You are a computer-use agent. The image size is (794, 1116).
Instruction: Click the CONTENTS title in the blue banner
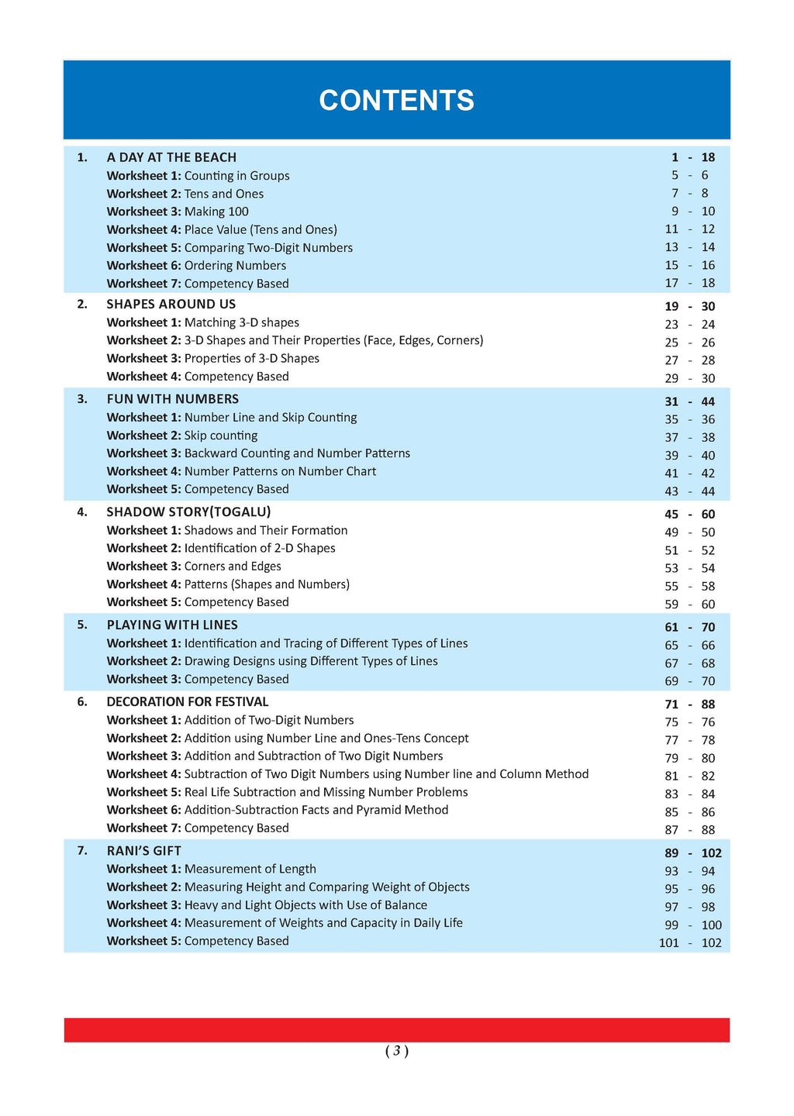click(396, 101)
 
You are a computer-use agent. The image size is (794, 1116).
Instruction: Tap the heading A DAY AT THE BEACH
click(171, 157)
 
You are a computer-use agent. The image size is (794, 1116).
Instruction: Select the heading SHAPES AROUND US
click(171, 304)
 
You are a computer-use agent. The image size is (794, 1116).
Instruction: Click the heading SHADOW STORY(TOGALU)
click(188, 511)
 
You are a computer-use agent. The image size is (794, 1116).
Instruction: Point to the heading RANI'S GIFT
click(143, 850)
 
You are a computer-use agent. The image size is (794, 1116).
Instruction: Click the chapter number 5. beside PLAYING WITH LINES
click(82, 625)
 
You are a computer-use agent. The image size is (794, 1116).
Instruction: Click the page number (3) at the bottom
click(396, 1051)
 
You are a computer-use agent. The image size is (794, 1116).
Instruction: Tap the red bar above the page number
click(396, 1030)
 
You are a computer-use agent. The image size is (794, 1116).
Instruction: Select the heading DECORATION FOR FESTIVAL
click(187, 701)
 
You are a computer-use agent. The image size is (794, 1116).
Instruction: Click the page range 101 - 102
click(689, 943)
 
